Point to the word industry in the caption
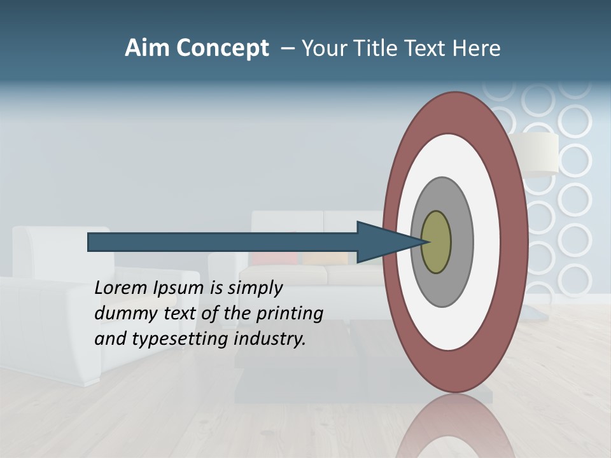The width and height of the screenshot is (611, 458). (270, 338)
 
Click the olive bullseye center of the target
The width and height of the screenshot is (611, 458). (437, 242)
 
